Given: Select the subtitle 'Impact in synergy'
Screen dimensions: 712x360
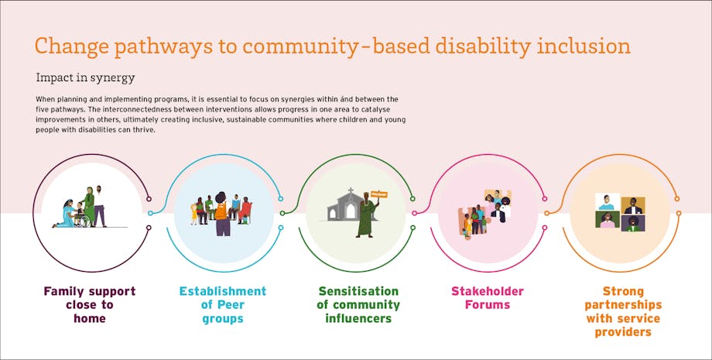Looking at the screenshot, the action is click(85, 78).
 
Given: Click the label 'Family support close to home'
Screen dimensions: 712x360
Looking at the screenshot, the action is click(90, 304).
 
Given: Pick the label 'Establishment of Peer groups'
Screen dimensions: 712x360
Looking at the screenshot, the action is click(223, 304).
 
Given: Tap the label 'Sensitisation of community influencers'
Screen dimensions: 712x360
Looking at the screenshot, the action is click(358, 304).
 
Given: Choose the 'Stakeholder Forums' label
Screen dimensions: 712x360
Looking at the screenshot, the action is click(488, 298).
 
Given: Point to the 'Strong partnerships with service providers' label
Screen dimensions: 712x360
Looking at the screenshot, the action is click(623, 311).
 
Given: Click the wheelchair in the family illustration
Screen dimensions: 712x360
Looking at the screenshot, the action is click(82, 221).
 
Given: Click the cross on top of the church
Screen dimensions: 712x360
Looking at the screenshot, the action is click(351, 190).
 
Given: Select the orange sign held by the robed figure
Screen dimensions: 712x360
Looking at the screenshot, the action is click(378, 195).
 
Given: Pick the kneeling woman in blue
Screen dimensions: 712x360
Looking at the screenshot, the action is click(64, 214).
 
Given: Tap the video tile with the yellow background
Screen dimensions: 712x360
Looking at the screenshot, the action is click(633, 204).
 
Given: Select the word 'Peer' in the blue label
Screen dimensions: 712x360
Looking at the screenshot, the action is click(231, 304).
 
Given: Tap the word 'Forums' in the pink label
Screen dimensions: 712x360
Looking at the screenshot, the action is click(488, 304).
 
